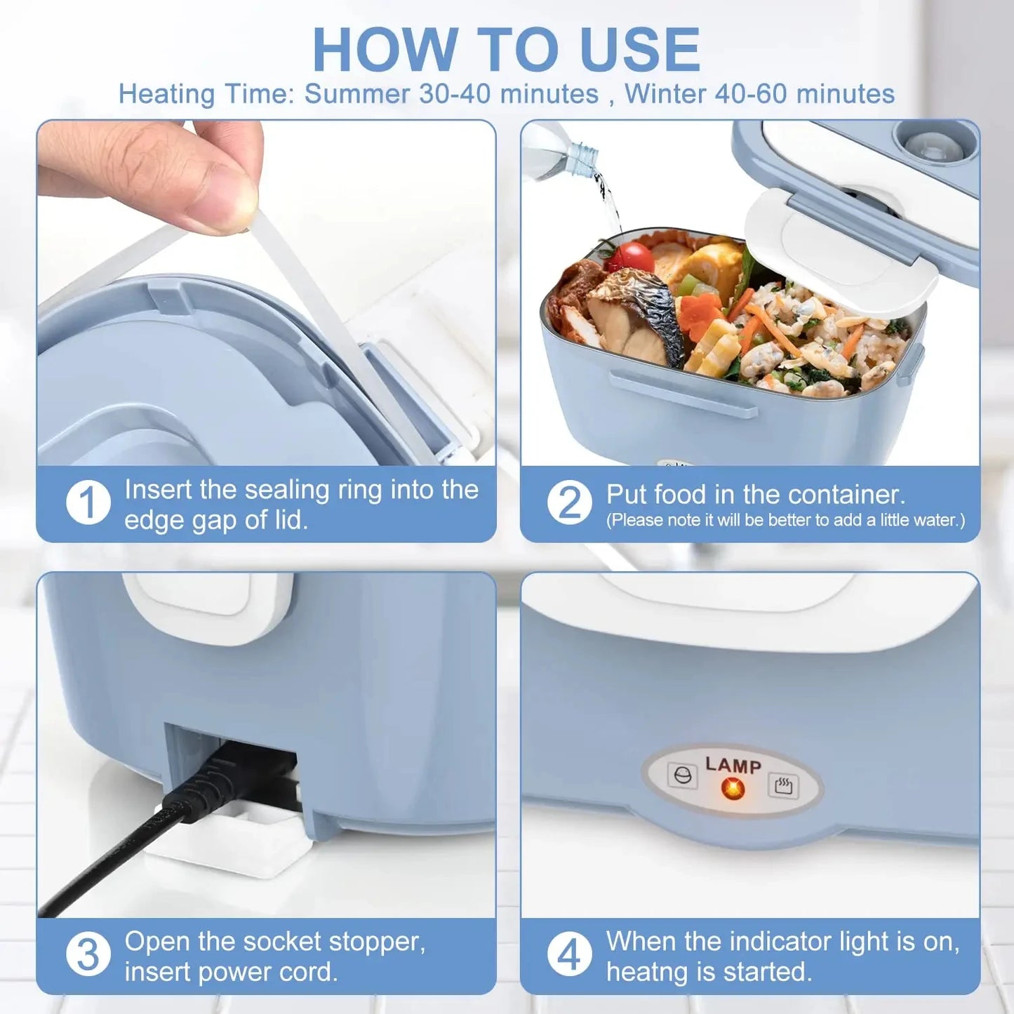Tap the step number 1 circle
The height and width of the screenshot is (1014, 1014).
(88, 502)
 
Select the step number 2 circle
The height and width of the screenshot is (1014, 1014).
(569, 502)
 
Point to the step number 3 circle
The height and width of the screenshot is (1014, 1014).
(88, 954)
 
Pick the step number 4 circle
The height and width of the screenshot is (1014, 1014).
(569, 954)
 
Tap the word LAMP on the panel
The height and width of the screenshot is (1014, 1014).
(733, 765)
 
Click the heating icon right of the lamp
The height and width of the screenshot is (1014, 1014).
(783, 785)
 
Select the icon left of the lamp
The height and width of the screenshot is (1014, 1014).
(682, 775)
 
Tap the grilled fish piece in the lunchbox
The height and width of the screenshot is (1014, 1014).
(635, 316)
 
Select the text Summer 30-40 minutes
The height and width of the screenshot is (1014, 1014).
(451, 94)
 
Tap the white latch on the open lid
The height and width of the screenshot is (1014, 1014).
(842, 253)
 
